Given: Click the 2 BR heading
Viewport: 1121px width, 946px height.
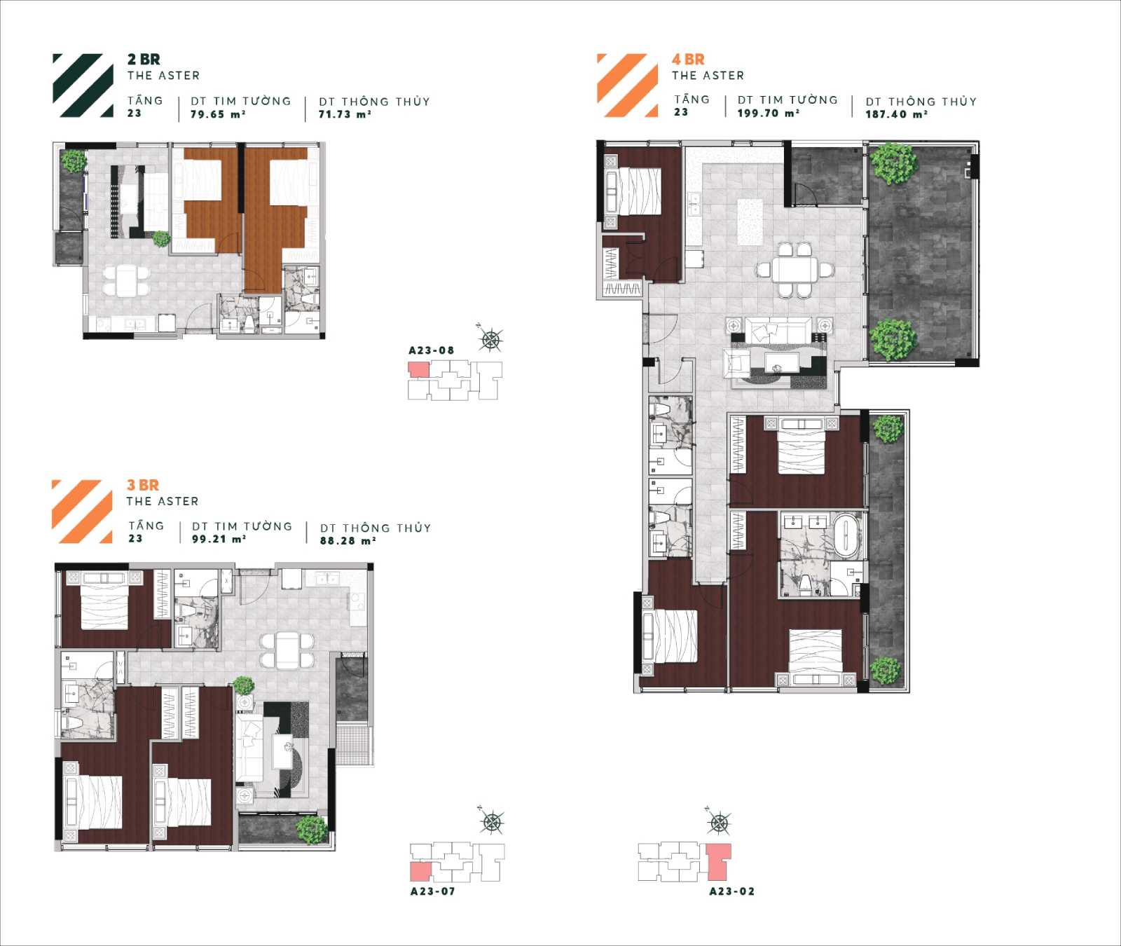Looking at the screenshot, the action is tap(144, 60).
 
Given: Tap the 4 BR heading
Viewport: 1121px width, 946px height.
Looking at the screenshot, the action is tap(688, 60).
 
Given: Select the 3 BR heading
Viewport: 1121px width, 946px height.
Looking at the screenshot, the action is tap(143, 485).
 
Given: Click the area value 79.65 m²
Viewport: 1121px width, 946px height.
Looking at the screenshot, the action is tap(218, 114).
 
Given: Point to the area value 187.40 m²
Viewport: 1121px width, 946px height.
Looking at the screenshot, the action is tap(896, 114).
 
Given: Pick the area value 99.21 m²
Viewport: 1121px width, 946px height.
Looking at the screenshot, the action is tap(219, 539).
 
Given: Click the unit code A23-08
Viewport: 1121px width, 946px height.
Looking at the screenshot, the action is tap(432, 350).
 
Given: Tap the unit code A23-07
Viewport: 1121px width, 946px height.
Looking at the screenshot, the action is tap(433, 891).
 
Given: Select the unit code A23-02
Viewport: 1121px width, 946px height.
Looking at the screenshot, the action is tap(732, 891).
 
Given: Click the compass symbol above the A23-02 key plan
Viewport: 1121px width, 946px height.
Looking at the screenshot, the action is tap(719, 821).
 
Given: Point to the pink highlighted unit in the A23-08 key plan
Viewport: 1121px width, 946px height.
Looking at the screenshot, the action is tap(418, 370).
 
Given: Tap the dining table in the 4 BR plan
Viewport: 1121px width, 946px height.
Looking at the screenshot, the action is tap(795, 270).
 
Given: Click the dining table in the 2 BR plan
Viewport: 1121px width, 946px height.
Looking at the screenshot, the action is tap(127, 280).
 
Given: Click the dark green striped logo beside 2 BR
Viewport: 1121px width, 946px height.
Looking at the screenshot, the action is tap(83, 85).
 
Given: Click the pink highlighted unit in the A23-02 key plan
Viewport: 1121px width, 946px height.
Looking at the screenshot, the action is tap(719, 861).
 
